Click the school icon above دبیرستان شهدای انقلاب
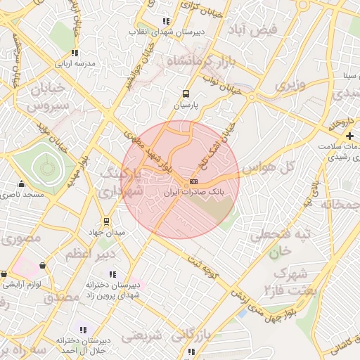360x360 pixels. click(166, 22)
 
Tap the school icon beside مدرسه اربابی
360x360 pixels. click(75, 53)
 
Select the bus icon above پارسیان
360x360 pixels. click(186, 94)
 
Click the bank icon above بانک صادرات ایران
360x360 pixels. click(194, 181)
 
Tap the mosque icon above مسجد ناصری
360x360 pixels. click(21, 184)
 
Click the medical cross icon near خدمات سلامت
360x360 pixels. click(349, 135)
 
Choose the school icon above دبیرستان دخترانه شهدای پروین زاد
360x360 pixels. click(113, 274)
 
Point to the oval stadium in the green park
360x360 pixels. click(46, 168)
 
